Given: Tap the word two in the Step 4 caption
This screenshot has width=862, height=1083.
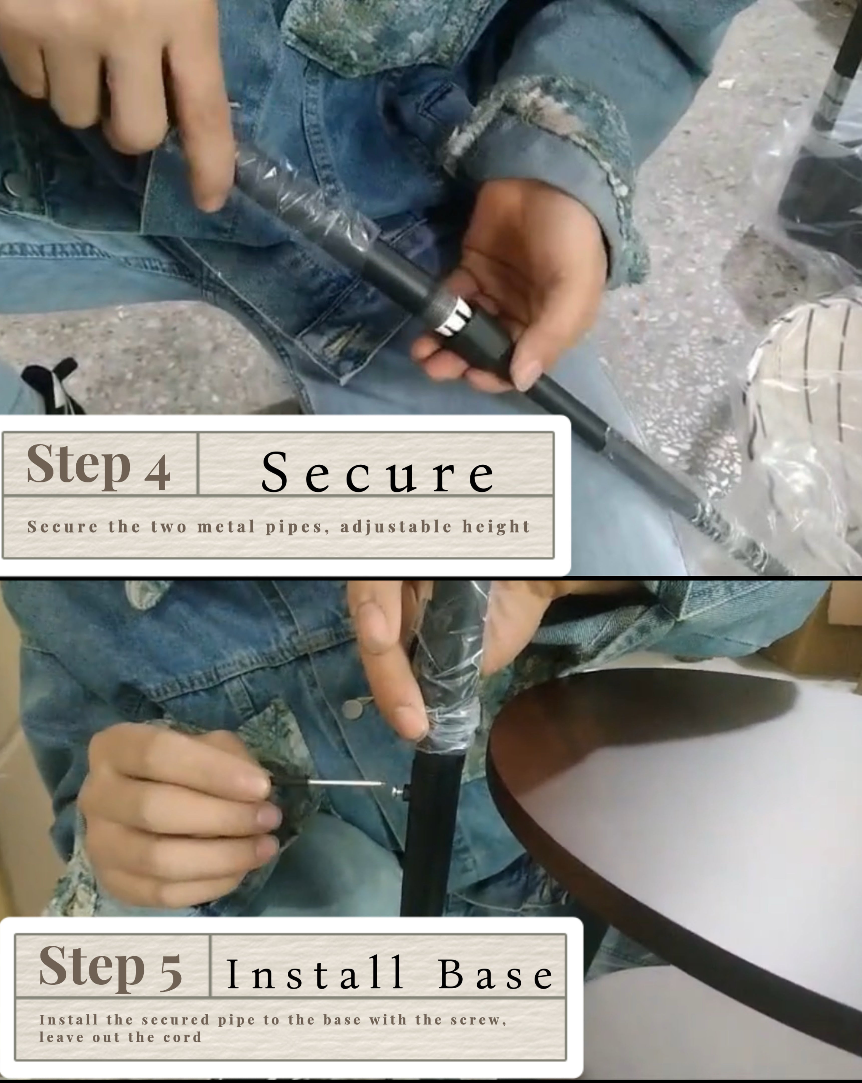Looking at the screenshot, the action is point(169,527).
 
